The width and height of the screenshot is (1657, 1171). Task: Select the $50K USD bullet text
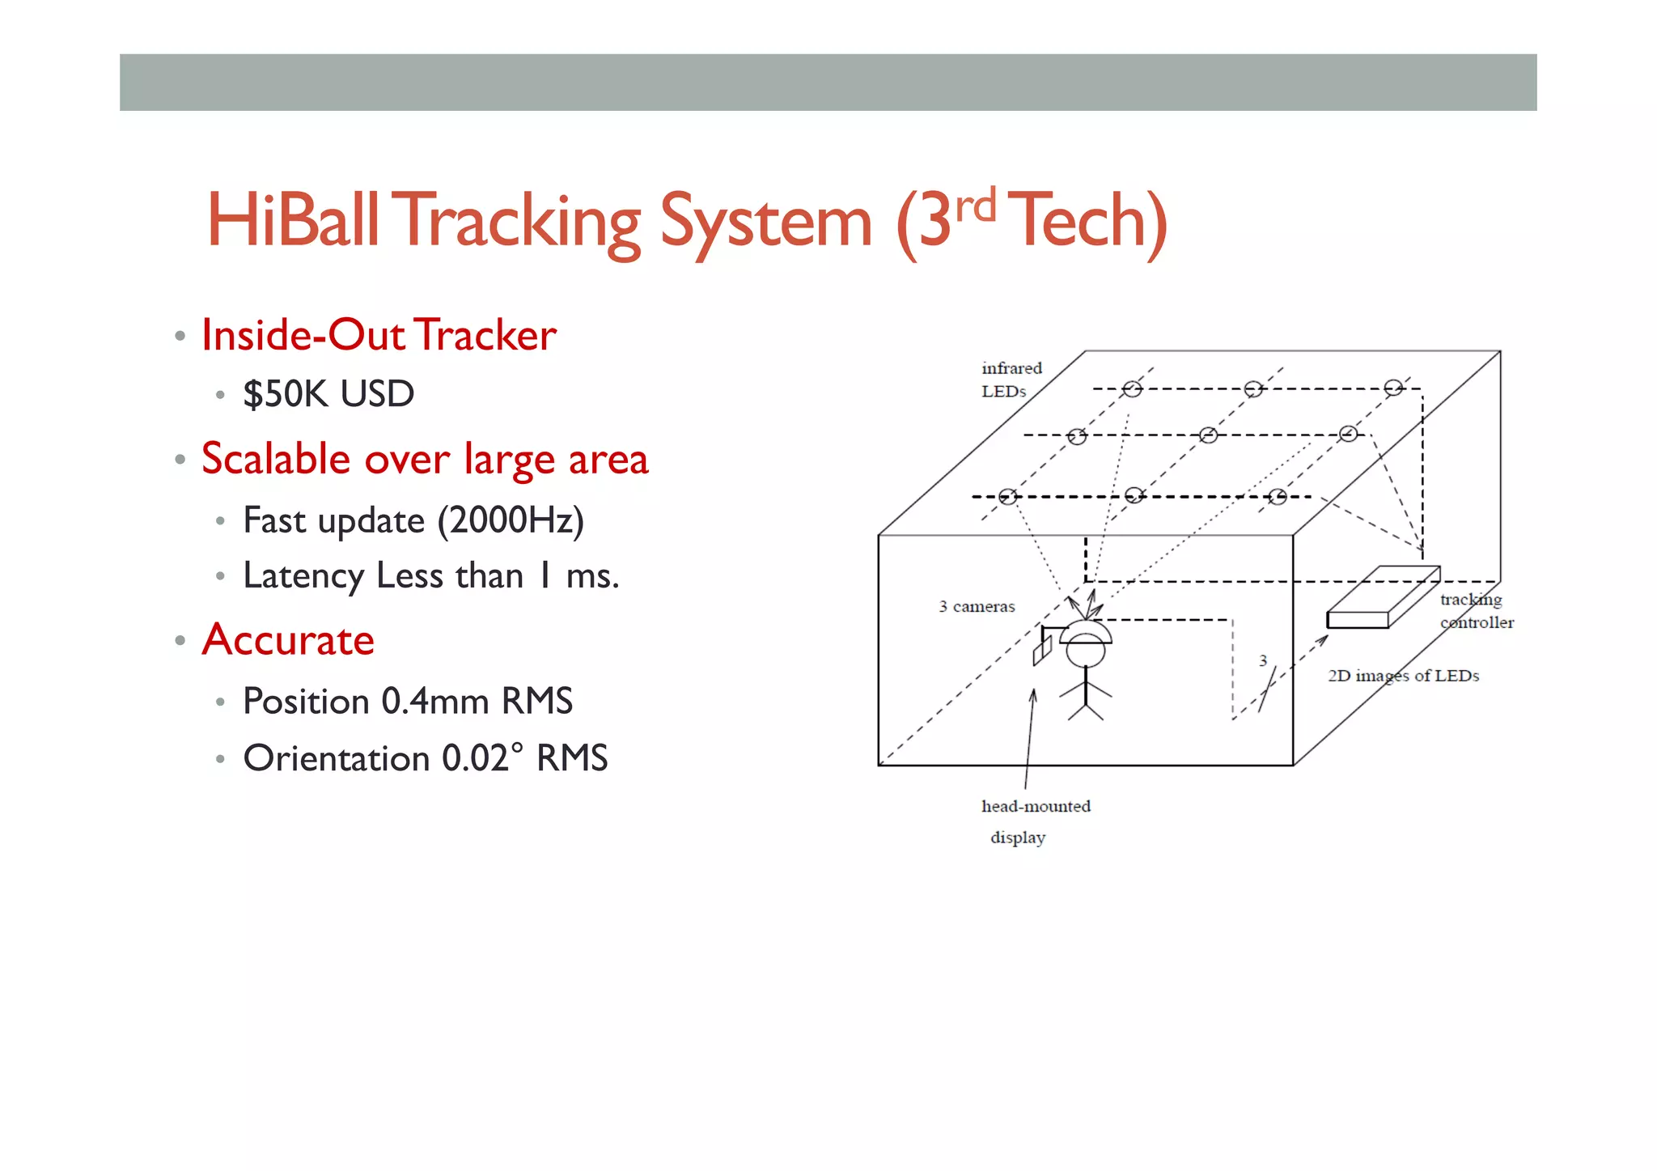coord(328,394)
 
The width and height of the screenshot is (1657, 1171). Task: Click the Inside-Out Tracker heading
coord(379,335)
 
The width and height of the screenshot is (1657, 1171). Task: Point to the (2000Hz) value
coord(511,520)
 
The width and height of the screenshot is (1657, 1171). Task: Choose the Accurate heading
coord(288,640)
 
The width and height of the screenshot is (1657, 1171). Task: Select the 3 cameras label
coord(977,607)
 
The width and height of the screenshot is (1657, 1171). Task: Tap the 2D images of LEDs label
coord(1403,676)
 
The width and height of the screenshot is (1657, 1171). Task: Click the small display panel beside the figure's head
coord(1041,650)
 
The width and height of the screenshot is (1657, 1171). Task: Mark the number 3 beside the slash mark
coord(1263,661)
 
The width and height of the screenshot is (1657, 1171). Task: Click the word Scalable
coord(275,459)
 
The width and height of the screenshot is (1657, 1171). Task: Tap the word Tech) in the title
coord(1090,220)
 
